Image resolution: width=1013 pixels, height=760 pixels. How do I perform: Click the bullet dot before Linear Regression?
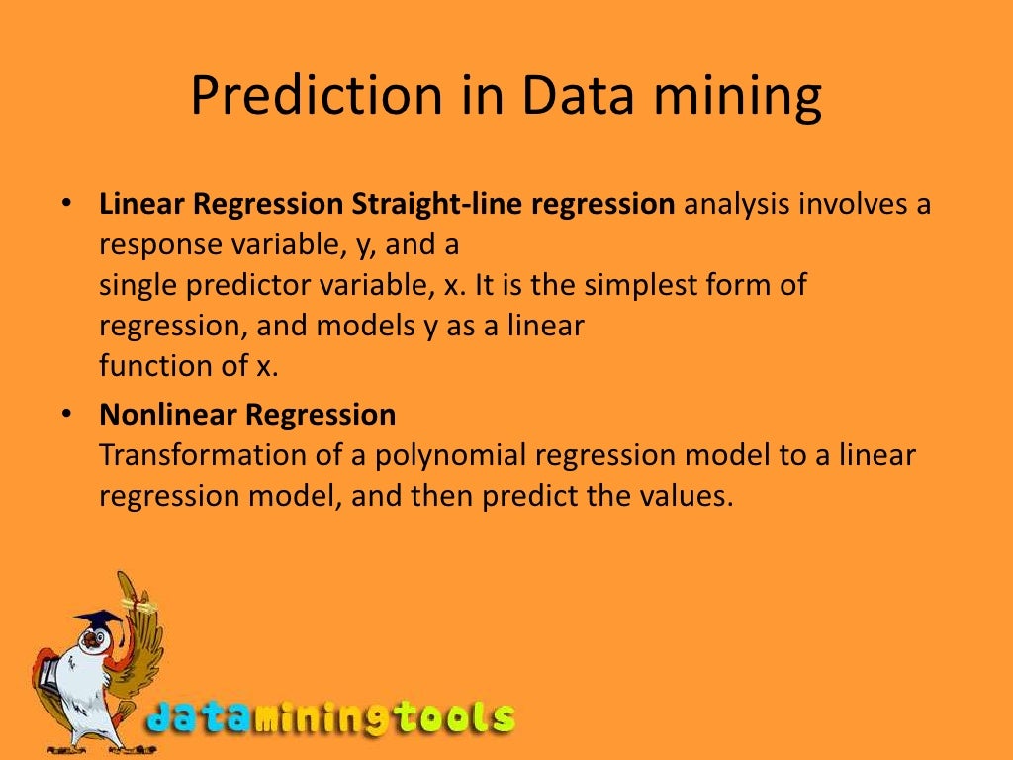(65, 204)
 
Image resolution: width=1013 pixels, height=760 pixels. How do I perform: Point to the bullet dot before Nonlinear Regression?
(65, 414)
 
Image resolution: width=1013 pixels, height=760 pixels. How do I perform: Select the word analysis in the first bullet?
(737, 206)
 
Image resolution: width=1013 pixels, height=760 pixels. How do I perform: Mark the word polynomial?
(452, 455)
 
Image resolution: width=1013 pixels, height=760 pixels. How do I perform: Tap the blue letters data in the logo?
(198, 717)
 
